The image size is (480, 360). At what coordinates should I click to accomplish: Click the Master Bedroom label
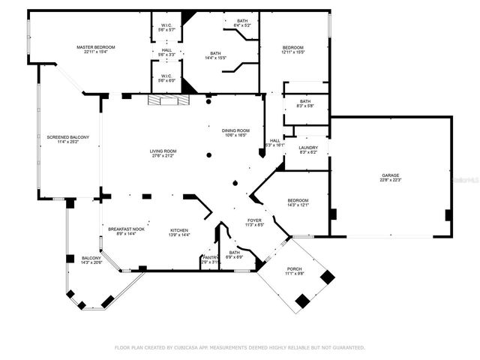(x=95, y=47)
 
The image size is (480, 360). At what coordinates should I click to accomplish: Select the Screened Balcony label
(x=68, y=136)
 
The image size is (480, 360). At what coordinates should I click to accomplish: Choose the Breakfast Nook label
(x=124, y=229)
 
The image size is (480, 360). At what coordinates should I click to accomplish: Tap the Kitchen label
(x=179, y=229)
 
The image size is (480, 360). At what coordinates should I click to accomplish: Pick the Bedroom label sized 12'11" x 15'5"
(x=293, y=46)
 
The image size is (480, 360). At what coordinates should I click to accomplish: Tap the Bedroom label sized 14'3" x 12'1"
(x=298, y=200)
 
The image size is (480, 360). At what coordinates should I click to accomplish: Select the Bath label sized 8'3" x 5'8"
(x=305, y=101)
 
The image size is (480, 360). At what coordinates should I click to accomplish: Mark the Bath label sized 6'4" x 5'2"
(x=242, y=20)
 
